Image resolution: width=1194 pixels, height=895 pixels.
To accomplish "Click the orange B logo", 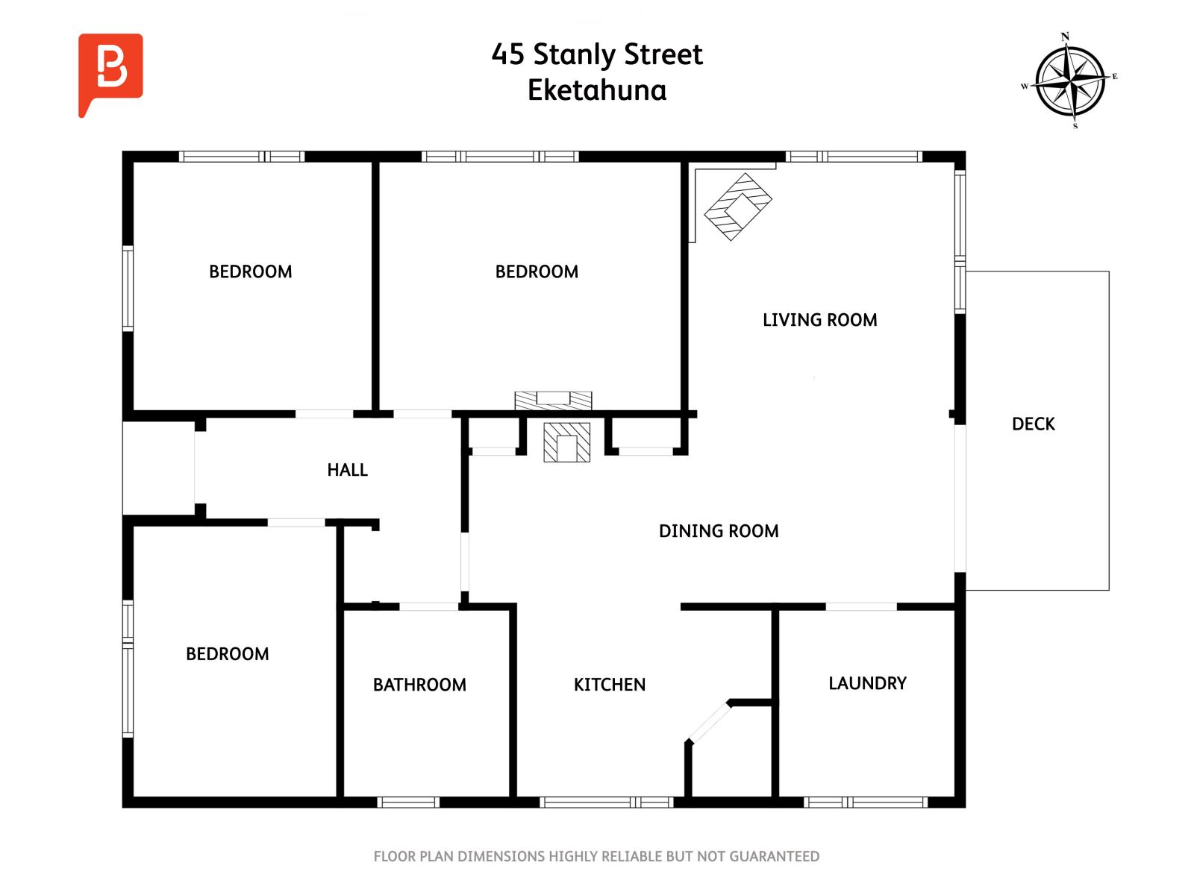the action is click(110, 71).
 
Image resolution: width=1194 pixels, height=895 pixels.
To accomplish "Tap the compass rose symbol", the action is click(1069, 81).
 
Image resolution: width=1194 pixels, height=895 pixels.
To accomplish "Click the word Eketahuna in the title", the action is click(597, 90).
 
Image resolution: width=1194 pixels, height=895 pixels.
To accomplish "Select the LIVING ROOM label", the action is click(819, 319).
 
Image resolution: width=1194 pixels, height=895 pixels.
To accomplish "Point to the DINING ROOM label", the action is click(718, 530).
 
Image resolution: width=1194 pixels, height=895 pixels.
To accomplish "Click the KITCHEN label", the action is click(609, 684).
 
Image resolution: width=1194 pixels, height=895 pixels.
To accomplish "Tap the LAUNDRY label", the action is click(867, 682).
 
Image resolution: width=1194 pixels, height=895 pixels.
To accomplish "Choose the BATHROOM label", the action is click(419, 684).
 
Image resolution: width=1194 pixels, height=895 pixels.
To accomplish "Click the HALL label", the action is click(347, 470).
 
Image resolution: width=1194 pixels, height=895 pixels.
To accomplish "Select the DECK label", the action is click(1033, 424).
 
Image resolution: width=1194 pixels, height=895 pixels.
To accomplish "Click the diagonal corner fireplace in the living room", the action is click(737, 207).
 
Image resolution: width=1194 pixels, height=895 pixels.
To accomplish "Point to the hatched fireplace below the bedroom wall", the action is click(566, 442).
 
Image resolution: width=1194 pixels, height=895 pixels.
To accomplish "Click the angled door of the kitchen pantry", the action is click(708, 722).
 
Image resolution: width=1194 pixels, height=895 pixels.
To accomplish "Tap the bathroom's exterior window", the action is click(408, 802).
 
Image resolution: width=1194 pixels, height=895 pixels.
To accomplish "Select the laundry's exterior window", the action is click(865, 802).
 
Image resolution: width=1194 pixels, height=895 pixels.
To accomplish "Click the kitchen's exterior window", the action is click(606, 802).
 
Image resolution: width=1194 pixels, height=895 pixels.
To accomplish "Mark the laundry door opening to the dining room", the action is click(860, 606).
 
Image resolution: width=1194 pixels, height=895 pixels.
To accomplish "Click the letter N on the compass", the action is click(1065, 37).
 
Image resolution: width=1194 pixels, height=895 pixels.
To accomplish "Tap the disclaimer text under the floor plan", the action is click(596, 856).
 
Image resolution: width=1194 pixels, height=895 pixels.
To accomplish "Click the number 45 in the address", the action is click(507, 54).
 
